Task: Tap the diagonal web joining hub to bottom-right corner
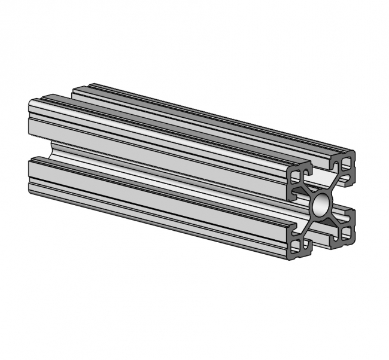[x=335, y=219]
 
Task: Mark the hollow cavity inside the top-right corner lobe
[x=346, y=162]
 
